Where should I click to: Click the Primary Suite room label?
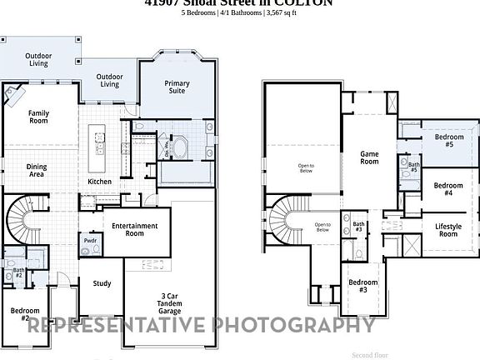click(177, 87)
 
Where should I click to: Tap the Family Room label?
click(38, 117)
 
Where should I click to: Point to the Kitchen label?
click(100, 182)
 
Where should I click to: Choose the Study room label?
click(102, 283)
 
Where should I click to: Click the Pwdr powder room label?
click(90, 242)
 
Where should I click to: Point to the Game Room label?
click(369, 157)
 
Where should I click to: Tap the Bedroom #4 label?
click(448, 189)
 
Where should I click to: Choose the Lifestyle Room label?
click(448, 230)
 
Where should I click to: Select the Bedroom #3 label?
click(363, 286)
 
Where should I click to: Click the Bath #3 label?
click(358, 226)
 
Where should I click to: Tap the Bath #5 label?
click(413, 167)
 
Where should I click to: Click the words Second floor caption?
click(370, 354)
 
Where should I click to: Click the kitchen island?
click(100, 142)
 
